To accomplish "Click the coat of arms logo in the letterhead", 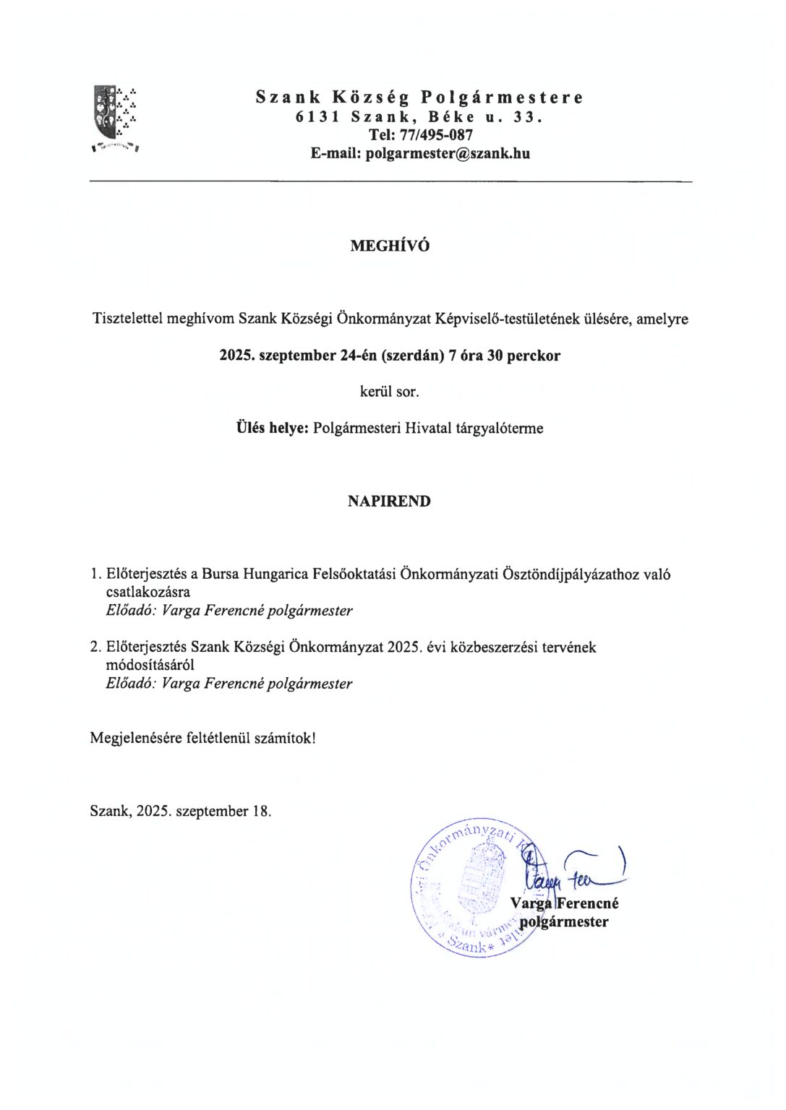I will pos(115,116).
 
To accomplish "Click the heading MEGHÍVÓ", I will pos(390,246).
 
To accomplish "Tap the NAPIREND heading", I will pos(389,501).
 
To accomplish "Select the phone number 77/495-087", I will pos(436,135).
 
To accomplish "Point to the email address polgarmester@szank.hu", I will pos(448,153).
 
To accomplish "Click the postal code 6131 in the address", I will pos(317,116).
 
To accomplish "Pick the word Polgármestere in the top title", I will pos(502,98).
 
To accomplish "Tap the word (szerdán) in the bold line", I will pos(413,356).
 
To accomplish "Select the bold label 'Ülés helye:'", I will pos(272,428).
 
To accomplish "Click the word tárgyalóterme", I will pos(499,428).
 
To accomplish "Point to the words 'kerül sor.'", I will pos(389,392).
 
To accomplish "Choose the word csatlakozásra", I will pos(148,592).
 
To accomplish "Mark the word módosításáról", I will pos(150,665).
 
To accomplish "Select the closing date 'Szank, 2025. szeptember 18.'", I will pos(181,811).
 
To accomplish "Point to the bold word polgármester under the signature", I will pos(564,921).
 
